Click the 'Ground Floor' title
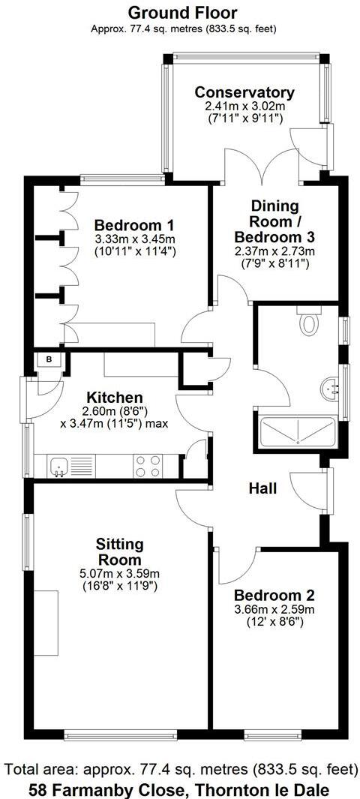(183, 13)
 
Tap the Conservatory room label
(244, 92)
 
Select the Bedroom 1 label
(135, 225)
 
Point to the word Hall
(262, 488)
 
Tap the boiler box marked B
(49, 359)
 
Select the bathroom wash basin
(329, 389)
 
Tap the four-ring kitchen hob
(148, 465)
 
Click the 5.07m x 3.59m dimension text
(120, 574)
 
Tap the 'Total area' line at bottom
(181, 770)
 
